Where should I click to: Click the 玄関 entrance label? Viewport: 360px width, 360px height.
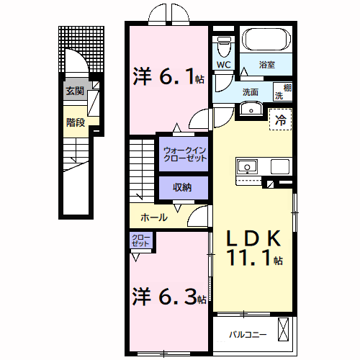(75, 91)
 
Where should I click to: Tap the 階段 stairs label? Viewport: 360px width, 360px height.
(75, 122)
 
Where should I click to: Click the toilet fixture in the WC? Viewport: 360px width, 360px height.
(224, 46)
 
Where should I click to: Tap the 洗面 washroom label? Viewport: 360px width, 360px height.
(250, 92)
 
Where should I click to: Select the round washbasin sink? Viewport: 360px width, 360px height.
(251, 109)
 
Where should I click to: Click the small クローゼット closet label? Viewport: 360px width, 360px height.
(140, 240)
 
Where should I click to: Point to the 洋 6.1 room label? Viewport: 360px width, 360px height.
(168, 76)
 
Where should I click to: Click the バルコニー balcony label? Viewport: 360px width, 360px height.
(248, 334)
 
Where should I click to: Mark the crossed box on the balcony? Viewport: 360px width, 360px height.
(284, 332)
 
